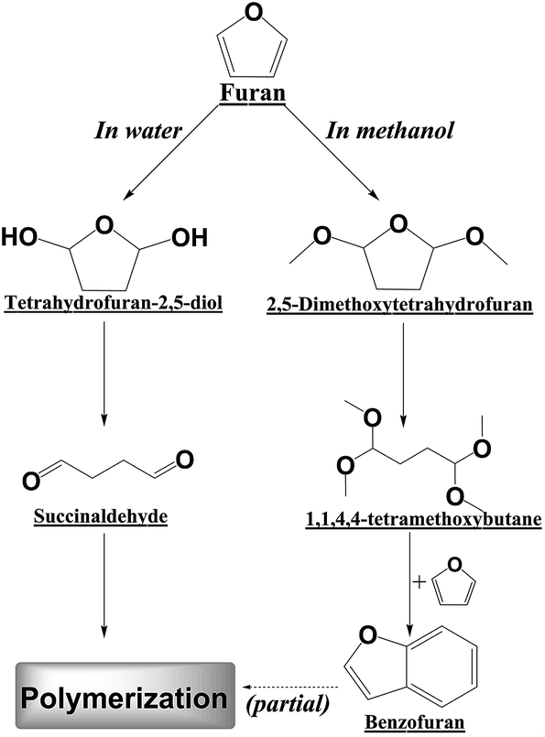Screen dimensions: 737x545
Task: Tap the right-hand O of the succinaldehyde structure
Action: point(183,459)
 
